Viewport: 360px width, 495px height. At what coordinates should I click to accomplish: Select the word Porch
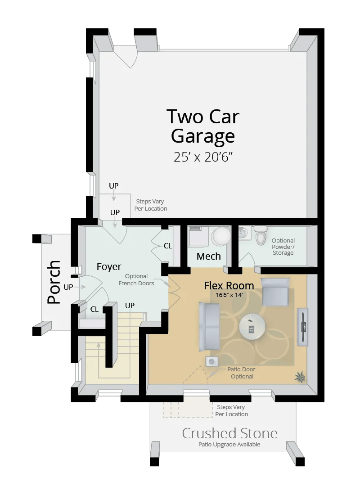pos(54,282)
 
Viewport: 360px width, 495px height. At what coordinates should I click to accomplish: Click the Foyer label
pos(109,267)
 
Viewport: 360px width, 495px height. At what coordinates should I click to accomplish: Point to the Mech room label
pos(209,256)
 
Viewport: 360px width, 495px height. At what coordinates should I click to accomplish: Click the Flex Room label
pos(229,285)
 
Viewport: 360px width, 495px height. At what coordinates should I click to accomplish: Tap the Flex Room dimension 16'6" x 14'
pos(229,295)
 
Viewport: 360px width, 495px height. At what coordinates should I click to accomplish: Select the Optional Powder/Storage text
pos(283,247)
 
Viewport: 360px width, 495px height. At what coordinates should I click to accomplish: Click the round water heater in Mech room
pos(220,236)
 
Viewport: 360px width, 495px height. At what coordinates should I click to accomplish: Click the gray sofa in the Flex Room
pos(209,326)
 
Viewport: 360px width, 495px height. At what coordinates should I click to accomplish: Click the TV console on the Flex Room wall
pos(304,327)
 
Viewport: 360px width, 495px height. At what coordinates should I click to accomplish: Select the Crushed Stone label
pos(229,433)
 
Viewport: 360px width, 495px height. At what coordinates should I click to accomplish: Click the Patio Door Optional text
pos(242,373)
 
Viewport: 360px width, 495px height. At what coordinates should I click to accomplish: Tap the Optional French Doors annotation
pos(136,279)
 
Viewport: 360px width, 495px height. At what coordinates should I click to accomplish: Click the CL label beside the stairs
pos(94,309)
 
